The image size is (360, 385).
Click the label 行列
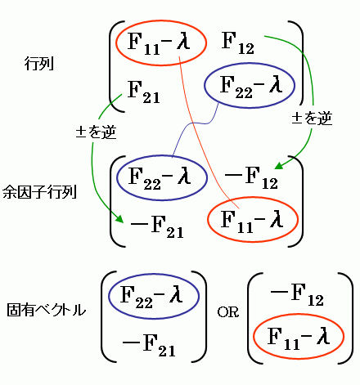(x=39, y=64)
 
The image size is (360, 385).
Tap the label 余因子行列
(x=39, y=191)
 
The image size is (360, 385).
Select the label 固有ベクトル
(x=46, y=310)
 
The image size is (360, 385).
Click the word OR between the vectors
(x=228, y=312)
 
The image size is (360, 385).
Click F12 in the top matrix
(x=238, y=43)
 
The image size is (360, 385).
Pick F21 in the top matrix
(x=144, y=92)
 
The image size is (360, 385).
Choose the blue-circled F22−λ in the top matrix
(x=250, y=85)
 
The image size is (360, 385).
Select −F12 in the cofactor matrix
(x=251, y=177)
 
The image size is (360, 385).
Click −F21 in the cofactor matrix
(x=157, y=227)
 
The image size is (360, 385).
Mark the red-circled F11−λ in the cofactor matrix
(x=253, y=219)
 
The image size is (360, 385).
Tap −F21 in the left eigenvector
(x=149, y=345)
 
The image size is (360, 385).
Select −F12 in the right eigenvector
(x=297, y=295)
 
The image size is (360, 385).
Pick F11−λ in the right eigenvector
(x=299, y=337)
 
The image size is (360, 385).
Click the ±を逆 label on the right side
(x=312, y=118)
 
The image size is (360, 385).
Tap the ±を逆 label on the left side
(x=96, y=132)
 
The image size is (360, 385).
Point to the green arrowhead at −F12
(x=279, y=165)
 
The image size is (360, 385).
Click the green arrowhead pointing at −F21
(x=119, y=218)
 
